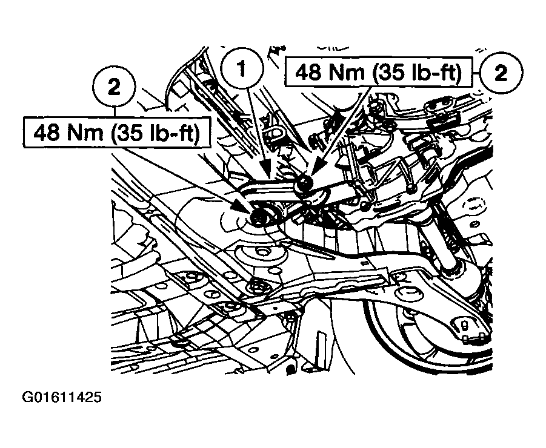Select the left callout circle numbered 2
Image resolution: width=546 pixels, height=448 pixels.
click(x=115, y=88)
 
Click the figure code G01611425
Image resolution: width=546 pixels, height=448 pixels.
click(x=62, y=398)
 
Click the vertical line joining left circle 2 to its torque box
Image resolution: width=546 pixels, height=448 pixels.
click(x=115, y=113)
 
